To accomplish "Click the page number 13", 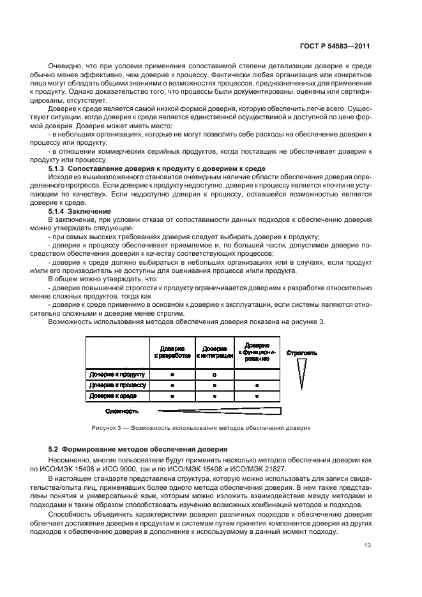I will (365, 546).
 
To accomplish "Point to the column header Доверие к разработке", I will (172, 352).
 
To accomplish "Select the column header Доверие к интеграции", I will (215, 352).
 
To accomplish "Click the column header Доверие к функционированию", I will (257, 352).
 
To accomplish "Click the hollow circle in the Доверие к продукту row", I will (215, 374).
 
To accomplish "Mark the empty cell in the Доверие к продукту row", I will (257, 374).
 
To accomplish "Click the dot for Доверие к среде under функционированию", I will (257, 396).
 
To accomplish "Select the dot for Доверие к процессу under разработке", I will (172, 385).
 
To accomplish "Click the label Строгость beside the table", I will (302, 352).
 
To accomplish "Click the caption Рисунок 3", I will (211, 428).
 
